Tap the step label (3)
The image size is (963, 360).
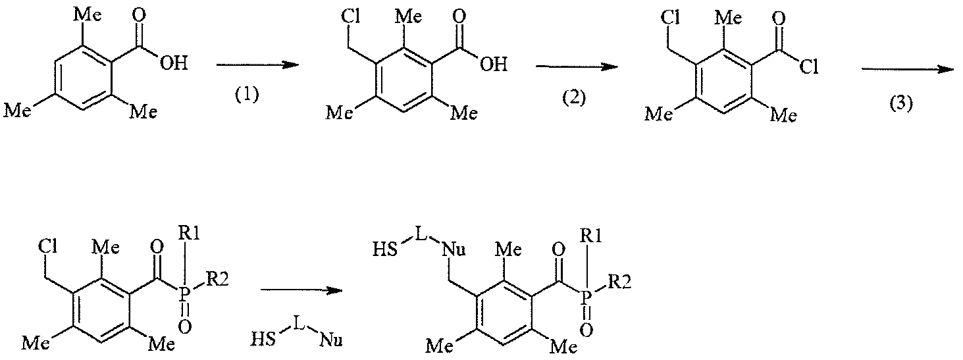pyautogui.click(x=902, y=104)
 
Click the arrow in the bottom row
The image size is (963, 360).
pyautogui.click(x=301, y=290)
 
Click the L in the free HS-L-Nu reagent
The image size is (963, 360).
pyautogui.click(x=299, y=323)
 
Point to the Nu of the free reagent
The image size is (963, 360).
pyautogui.click(x=330, y=341)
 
